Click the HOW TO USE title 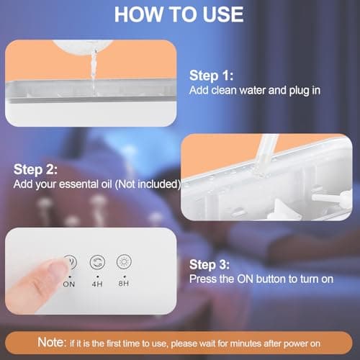pyautogui.click(x=179, y=14)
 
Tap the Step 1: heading pyautogui.click(x=211, y=76)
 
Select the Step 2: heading pyautogui.click(x=35, y=169)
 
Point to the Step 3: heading pyautogui.click(x=210, y=264)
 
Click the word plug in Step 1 pyautogui.click(x=300, y=91)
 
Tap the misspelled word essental pyautogui.click(x=85, y=184)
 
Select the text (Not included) pyautogui.click(x=148, y=184)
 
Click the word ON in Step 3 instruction pyautogui.click(x=245, y=279)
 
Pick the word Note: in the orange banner pyautogui.click(x=52, y=342)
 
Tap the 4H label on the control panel pyautogui.click(x=97, y=284)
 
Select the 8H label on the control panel pyautogui.click(x=124, y=284)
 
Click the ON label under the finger pyautogui.click(x=69, y=284)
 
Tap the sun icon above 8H pyautogui.click(x=124, y=261)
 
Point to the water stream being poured pyautogui.click(x=94, y=72)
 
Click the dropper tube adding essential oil pyautogui.click(x=266, y=153)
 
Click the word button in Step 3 pyautogui.click(x=271, y=279)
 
